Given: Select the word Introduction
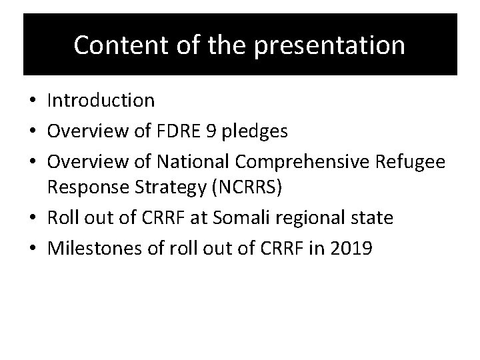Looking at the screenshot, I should click(101, 101).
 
